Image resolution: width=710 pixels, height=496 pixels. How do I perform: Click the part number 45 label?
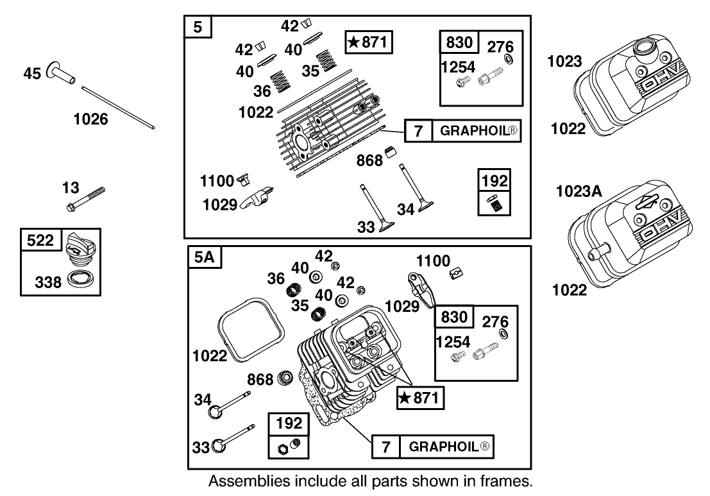coord(31,73)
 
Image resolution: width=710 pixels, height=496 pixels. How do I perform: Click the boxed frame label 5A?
coord(203,258)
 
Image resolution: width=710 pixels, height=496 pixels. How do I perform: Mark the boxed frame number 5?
coord(198,28)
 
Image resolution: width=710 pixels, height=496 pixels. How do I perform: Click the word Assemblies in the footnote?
coord(240,481)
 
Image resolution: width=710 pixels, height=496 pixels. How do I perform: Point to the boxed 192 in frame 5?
coord(494,181)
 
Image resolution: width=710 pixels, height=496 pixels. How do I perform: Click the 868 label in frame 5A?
coord(260,379)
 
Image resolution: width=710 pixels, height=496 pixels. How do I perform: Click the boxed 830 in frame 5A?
coord(454,317)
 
